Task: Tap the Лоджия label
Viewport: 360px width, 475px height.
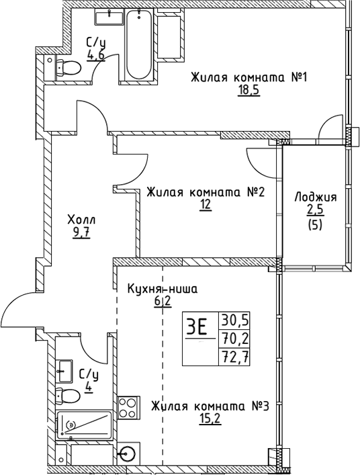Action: tap(315, 198)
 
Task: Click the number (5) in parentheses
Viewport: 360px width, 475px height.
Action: tap(315, 226)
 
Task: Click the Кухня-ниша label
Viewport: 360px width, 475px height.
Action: tap(163, 290)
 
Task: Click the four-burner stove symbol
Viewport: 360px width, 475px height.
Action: tap(128, 407)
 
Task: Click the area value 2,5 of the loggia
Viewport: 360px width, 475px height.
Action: tap(315, 212)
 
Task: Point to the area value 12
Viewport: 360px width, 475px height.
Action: tap(205, 206)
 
